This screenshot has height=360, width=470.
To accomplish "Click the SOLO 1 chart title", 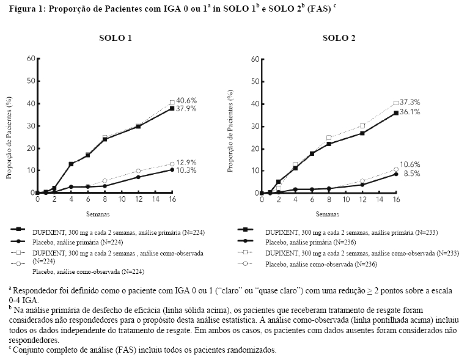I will point(116,39).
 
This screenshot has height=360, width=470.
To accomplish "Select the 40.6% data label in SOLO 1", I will point(186,100).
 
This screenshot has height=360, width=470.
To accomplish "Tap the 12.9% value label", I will point(186,163).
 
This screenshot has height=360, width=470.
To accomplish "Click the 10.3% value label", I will point(186,171).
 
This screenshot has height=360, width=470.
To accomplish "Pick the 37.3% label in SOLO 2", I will point(410,101).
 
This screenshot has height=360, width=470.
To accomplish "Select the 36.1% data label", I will point(410,112).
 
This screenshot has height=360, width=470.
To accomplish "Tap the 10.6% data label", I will point(410,164).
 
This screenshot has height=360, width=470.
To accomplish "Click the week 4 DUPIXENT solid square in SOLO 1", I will point(72,164).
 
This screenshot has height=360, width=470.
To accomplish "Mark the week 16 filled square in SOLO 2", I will point(396,112).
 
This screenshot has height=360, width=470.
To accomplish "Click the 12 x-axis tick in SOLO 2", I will point(362,200).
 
